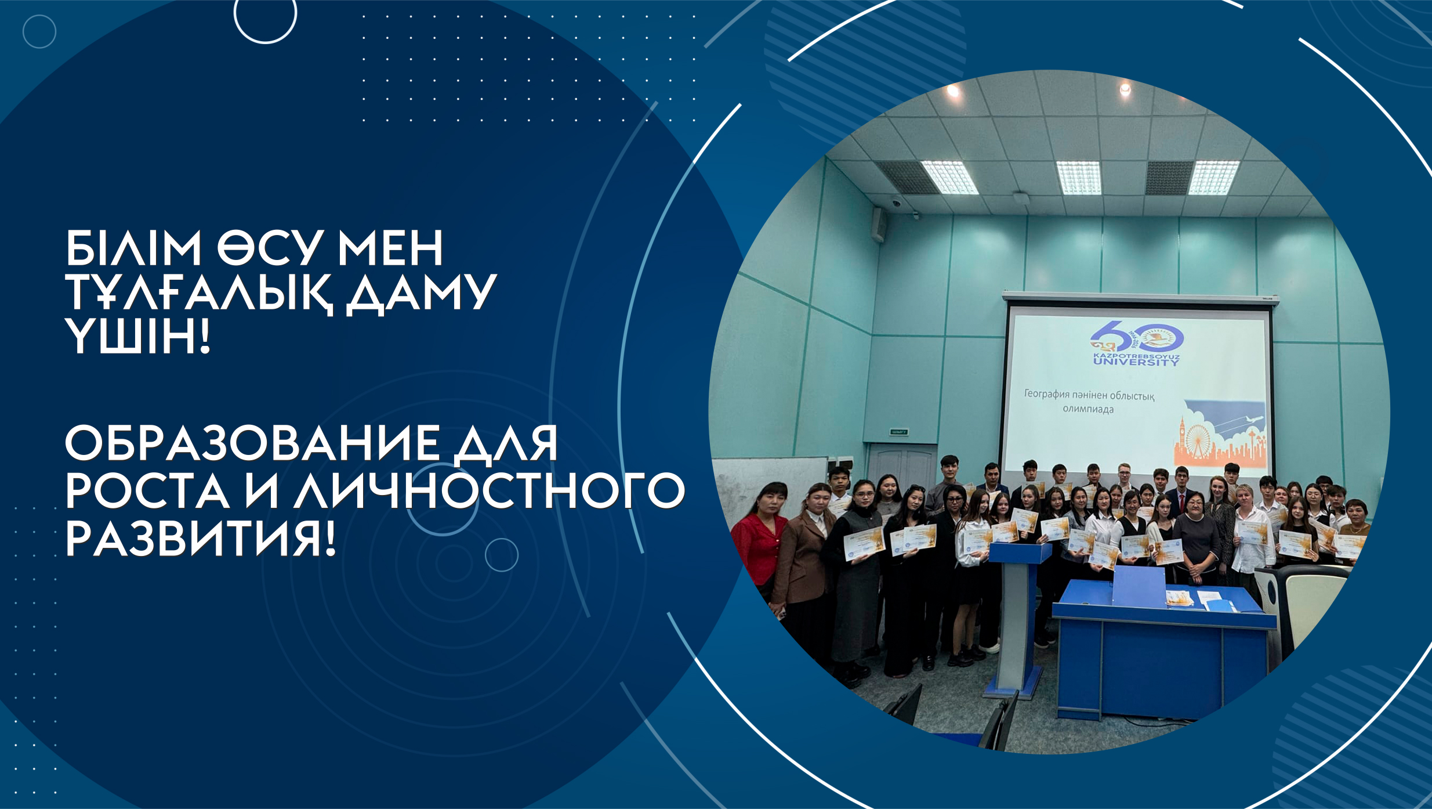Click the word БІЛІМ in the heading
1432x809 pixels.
click(x=133, y=248)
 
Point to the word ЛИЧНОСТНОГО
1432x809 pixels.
click(x=489, y=492)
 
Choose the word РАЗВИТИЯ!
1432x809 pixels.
click(x=201, y=539)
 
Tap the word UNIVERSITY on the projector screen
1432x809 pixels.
click(x=1136, y=362)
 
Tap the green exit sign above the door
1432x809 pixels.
click(x=898, y=432)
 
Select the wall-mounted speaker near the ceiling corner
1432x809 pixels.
click(x=879, y=224)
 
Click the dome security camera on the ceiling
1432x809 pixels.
click(x=896, y=204)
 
